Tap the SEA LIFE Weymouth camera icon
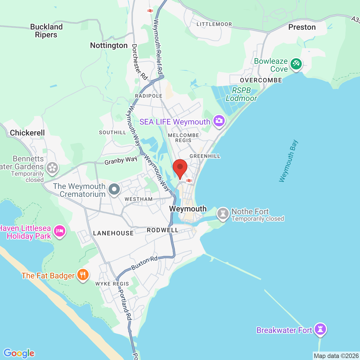coord(219,121)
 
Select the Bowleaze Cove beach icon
coord(296,64)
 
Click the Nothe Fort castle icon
coord(223,214)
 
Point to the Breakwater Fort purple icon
coord(320,329)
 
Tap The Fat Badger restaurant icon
coord(83,274)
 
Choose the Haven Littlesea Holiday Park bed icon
coord(59,231)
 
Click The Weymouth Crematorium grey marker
coord(114,189)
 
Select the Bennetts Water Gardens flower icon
coord(52,168)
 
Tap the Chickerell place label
coord(27,133)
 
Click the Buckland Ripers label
coord(46,31)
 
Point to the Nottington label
coord(109,46)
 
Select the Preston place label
coord(302,27)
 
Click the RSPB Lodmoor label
coord(241,94)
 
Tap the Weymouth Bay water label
coord(288,161)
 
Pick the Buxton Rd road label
coord(145,263)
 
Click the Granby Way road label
coord(121,161)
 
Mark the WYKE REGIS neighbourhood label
coord(112,284)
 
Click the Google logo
coord(19,353)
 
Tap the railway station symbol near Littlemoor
coord(150,11)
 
